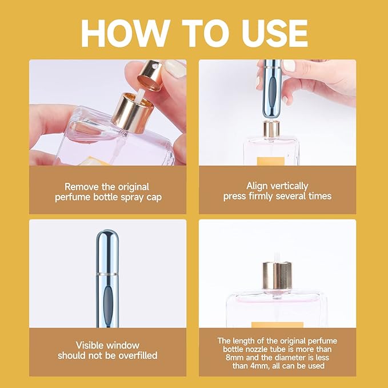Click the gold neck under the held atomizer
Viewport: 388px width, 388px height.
click(x=271, y=129)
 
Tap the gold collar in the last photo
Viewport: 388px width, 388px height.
click(x=277, y=276)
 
